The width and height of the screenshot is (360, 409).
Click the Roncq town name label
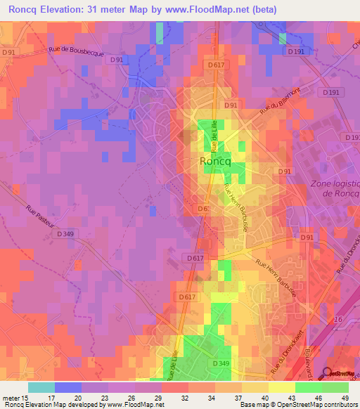point(215,161)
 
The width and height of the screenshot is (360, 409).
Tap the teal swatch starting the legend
point(41,387)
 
